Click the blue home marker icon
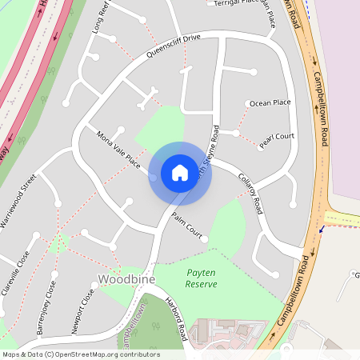pos(180,173)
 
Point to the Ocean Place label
pos(270,103)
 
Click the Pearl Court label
pos(277,137)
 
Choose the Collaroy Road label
pos(250,193)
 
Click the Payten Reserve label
pos(201,278)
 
